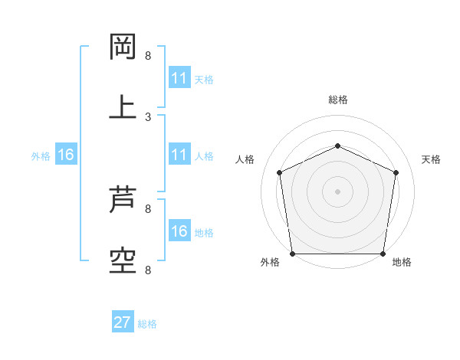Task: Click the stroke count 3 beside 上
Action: (x=148, y=116)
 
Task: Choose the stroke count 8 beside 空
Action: (x=148, y=270)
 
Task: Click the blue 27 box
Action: (x=123, y=322)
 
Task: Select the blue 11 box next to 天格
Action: (x=179, y=78)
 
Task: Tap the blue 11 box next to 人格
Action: (x=179, y=155)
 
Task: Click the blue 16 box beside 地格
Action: (x=179, y=231)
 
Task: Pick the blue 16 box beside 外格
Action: (x=65, y=155)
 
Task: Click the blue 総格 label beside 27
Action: (x=147, y=324)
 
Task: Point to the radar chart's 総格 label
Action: (x=337, y=100)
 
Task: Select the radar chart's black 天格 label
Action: (x=431, y=159)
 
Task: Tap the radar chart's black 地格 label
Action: (x=402, y=262)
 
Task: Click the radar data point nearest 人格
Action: (x=279, y=172)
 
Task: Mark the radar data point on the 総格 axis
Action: (x=337, y=146)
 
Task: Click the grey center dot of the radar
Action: (x=337, y=191)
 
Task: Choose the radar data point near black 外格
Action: (x=292, y=254)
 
